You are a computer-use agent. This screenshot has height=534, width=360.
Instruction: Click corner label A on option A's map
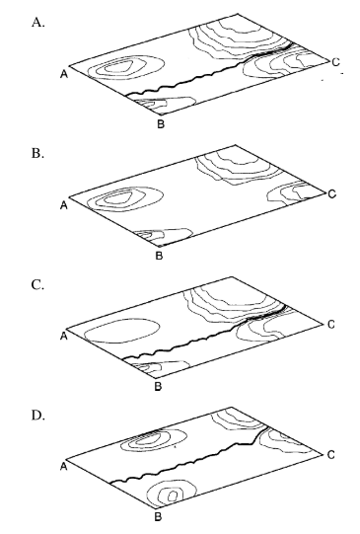(x=63, y=71)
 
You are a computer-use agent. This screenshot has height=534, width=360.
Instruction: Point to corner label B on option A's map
(x=161, y=124)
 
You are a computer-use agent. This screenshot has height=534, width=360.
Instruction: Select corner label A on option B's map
(x=63, y=204)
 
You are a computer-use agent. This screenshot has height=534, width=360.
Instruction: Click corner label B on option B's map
(x=161, y=256)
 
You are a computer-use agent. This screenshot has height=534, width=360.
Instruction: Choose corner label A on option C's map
(x=63, y=336)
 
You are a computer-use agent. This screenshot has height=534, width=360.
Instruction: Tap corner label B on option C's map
(x=161, y=386)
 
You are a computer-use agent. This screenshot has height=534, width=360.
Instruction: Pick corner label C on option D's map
(x=331, y=453)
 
